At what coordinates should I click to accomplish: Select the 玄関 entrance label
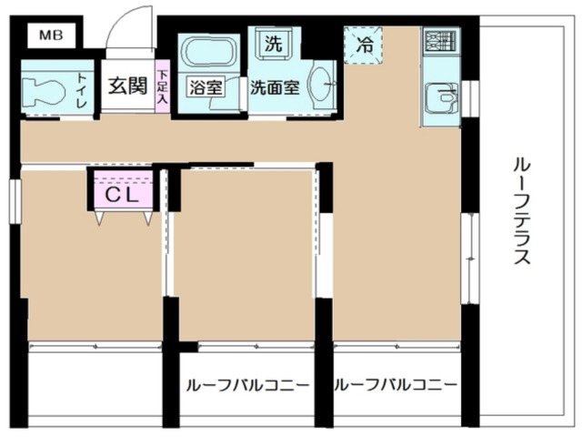pos(128,86)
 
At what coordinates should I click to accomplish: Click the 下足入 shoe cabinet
pos(162,89)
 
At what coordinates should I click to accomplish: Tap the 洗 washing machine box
pos(273,41)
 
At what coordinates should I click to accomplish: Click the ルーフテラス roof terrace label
pos(521,209)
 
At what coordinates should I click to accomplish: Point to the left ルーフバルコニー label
pos(247,385)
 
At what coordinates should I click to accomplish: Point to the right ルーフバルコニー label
pos(396,385)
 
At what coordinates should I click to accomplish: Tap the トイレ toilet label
pos(81,91)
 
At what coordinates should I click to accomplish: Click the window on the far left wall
pos(15,199)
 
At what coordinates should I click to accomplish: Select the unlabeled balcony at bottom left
pos(95,387)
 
